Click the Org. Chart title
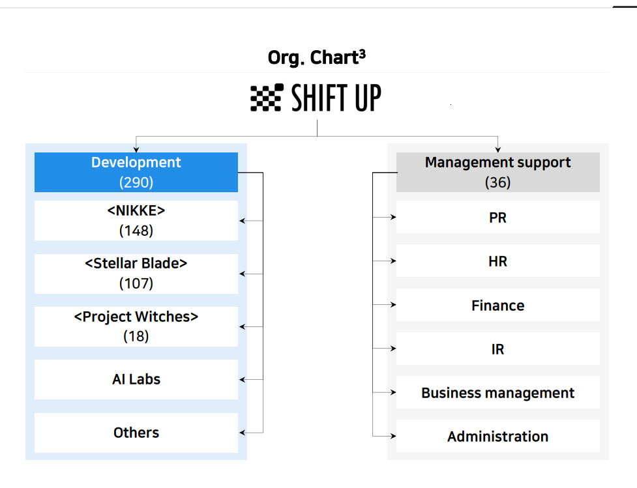[x=316, y=57]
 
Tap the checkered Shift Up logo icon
[x=267, y=98]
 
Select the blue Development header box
[x=136, y=172]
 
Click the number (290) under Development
[x=136, y=182]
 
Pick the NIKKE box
[x=136, y=220]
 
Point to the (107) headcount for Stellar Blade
[x=136, y=283]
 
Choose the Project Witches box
[x=136, y=326]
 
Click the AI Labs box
[x=136, y=379]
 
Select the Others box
[x=136, y=433]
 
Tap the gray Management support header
[x=497, y=172]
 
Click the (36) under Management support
[x=497, y=182]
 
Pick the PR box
[x=497, y=217]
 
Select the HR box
[x=497, y=261]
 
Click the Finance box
[x=497, y=305]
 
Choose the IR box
[x=497, y=349]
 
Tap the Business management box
[x=497, y=393]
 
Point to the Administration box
[x=497, y=436]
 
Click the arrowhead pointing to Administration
[x=393, y=436]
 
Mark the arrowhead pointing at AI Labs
[x=242, y=380]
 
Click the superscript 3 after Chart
[x=363, y=54]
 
